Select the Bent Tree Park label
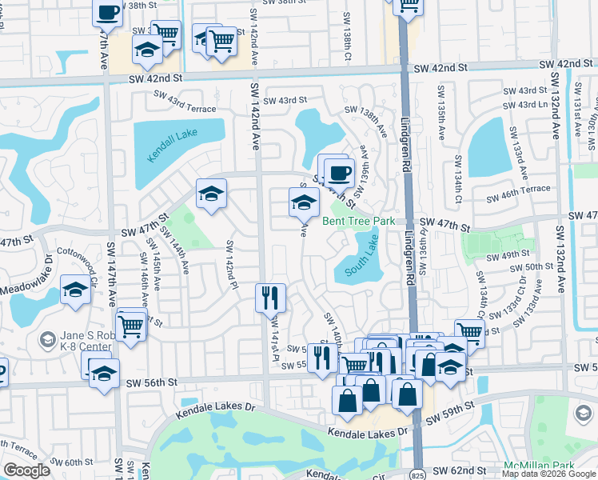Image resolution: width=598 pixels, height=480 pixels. click(359, 221)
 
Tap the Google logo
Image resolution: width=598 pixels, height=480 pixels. click(26, 470)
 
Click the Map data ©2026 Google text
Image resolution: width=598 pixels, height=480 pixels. click(548, 473)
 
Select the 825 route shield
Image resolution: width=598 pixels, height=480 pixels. click(418, 473)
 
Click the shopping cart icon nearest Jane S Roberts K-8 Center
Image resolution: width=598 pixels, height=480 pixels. click(130, 324)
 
